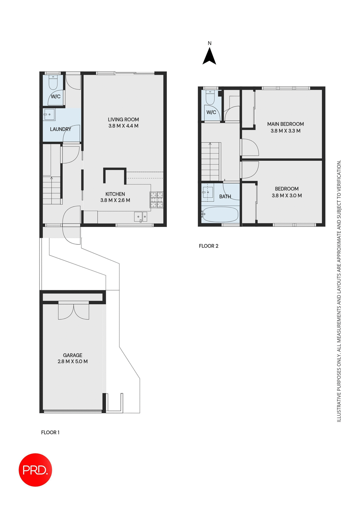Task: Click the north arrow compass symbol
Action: point(209,56)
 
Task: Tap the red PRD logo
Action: point(35,470)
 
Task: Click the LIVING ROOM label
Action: point(123,120)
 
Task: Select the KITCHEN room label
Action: point(115,194)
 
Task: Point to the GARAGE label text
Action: point(72,355)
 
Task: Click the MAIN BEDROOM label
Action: point(285,124)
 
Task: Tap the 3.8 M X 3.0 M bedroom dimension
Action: point(287,196)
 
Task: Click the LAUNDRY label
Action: point(60,129)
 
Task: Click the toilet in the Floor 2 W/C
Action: point(210,98)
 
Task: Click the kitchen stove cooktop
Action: point(157,200)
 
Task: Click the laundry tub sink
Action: point(49,115)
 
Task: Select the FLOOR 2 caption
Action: point(209,246)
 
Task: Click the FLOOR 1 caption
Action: point(50,432)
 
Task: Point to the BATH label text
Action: point(225,196)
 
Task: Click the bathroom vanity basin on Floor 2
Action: point(208,192)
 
